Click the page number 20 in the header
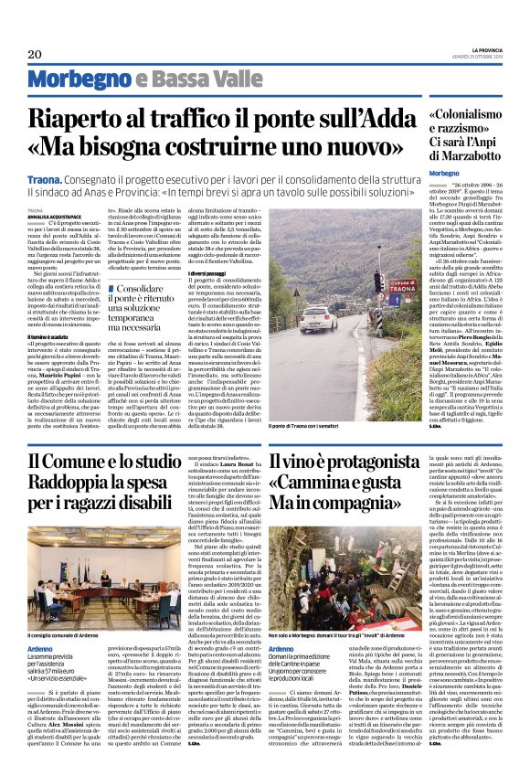(36, 53)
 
